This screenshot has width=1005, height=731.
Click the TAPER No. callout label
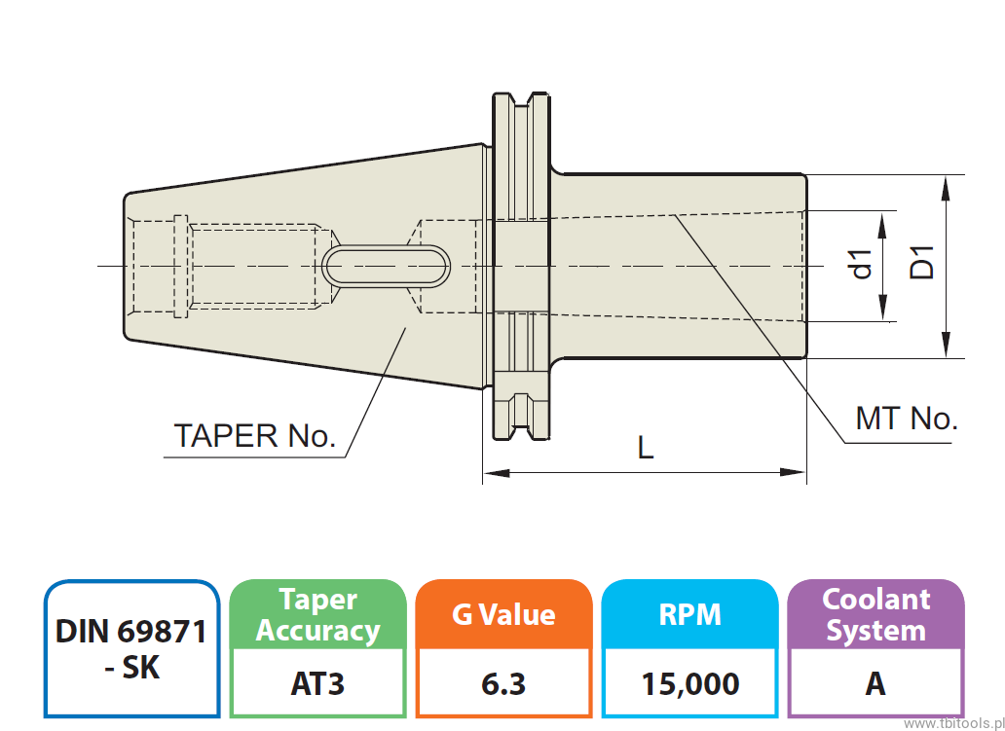(254, 435)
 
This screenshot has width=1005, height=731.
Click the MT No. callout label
(906, 420)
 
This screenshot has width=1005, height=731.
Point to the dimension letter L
(645, 449)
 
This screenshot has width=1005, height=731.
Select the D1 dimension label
(921, 264)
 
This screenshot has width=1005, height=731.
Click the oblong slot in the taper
(388, 266)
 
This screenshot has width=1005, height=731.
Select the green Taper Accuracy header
(317, 615)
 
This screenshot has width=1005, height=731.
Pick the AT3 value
(317, 684)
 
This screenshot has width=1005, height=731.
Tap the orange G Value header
(503, 615)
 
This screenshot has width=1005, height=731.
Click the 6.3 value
(503, 684)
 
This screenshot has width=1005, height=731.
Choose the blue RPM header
(690, 615)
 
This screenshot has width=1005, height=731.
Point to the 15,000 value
(690, 684)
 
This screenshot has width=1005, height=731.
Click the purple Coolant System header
(875, 615)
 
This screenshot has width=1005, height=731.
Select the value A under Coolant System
(875, 684)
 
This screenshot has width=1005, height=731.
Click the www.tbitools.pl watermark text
(953, 724)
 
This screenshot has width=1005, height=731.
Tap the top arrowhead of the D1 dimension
(947, 185)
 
